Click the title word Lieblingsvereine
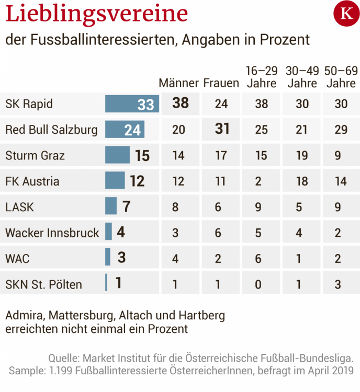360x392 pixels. coord(97,15)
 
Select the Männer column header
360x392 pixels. coord(178,83)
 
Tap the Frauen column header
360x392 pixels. coord(221,83)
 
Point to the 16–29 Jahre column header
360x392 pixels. coord(261,77)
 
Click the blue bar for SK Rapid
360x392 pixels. coord(132,104)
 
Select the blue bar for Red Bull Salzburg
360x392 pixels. coord(125,129)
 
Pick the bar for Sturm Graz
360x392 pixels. coord(117,155)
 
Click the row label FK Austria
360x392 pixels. coord(32,181)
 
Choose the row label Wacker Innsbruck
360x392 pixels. coord(52,233)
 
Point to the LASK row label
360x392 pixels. coord(19,207)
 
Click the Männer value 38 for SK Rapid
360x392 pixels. coord(181,103)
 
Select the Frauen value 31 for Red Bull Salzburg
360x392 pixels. coord(222,129)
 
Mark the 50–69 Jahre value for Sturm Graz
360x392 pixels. coord(341,155)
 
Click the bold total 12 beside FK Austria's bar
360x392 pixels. coord(137,181)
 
